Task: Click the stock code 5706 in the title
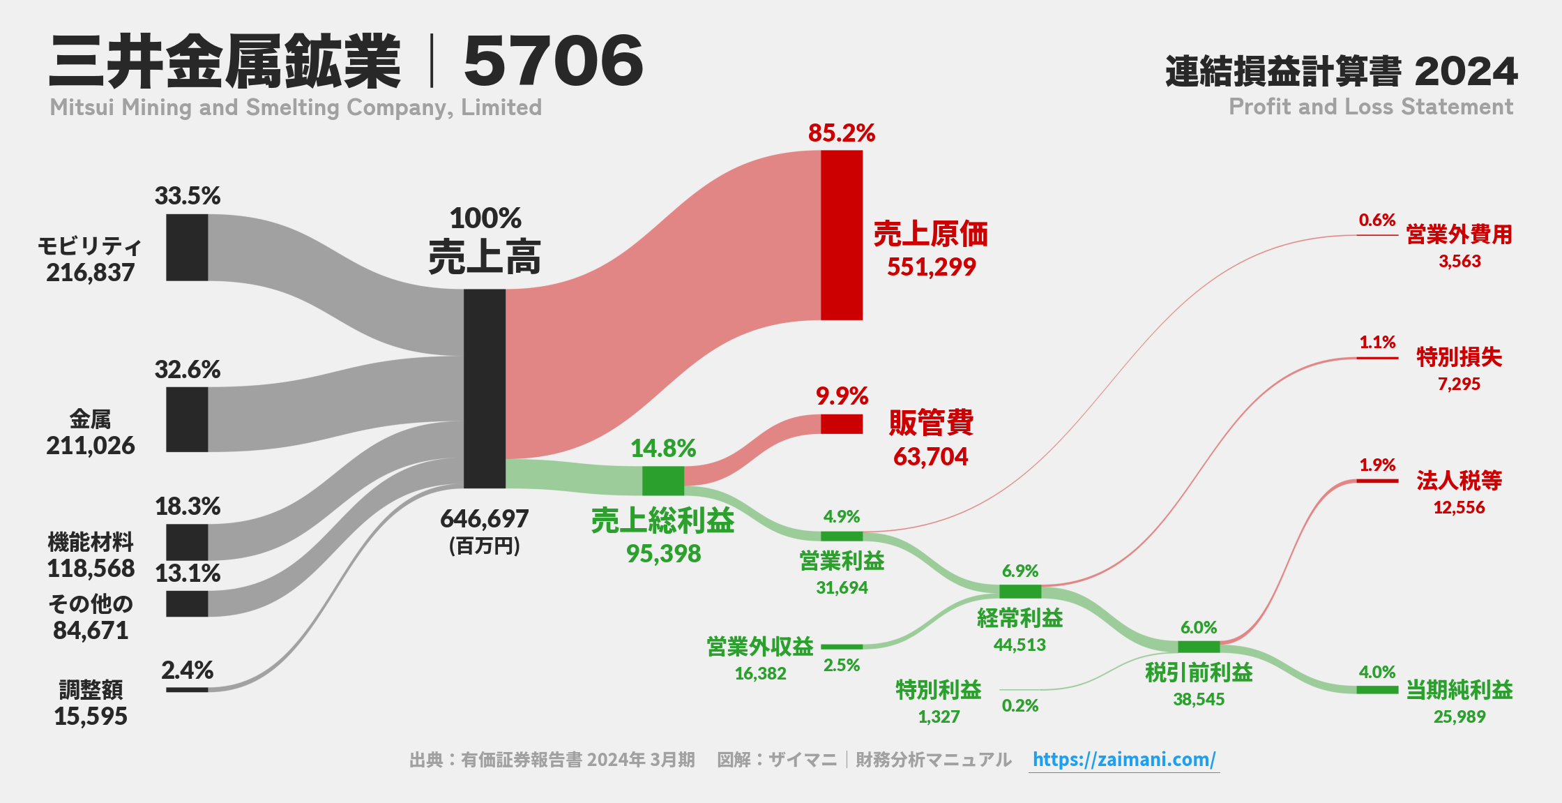pyautogui.click(x=553, y=61)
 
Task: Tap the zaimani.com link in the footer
pyautogui.click(x=1124, y=759)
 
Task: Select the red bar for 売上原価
pyautogui.click(x=842, y=235)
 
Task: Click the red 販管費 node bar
pyautogui.click(x=842, y=424)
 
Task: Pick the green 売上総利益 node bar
pyautogui.click(x=663, y=481)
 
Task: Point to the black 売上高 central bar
pyautogui.click(x=485, y=389)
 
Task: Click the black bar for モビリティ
pyautogui.click(x=187, y=248)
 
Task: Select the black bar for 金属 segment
pyautogui.click(x=187, y=419)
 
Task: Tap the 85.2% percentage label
pyautogui.click(x=842, y=133)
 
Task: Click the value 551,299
pyautogui.click(x=931, y=267)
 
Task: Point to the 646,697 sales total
pyautogui.click(x=485, y=519)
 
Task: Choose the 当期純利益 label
pyautogui.click(x=1459, y=690)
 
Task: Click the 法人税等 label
pyautogui.click(x=1459, y=481)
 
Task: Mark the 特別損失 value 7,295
pyautogui.click(x=1459, y=384)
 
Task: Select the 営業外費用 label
pyautogui.click(x=1459, y=234)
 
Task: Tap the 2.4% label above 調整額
pyautogui.click(x=187, y=670)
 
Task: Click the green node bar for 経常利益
pyautogui.click(x=1020, y=592)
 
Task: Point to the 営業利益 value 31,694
pyautogui.click(x=842, y=587)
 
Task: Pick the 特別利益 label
pyautogui.click(x=939, y=690)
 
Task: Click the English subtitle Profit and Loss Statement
pyautogui.click(x=1371, y=107)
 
